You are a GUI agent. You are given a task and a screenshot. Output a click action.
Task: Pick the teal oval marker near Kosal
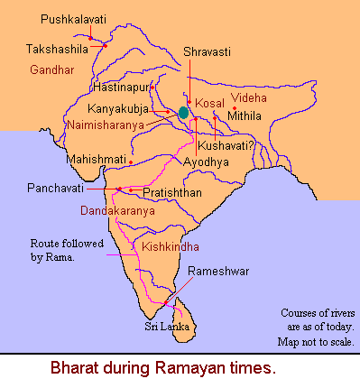coord(184,113)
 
